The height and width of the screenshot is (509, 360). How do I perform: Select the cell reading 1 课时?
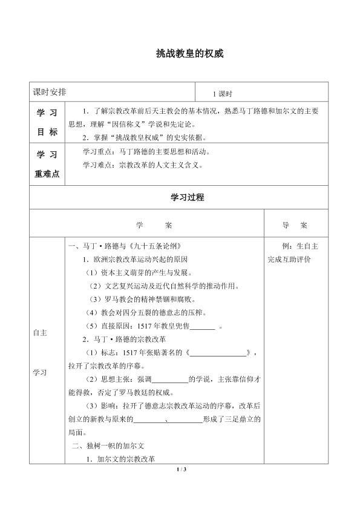(x=222, y=94)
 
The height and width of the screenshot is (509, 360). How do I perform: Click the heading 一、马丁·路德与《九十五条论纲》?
(x=125, y=246)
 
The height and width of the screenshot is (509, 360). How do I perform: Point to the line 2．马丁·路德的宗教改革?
(x=121, y=340)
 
